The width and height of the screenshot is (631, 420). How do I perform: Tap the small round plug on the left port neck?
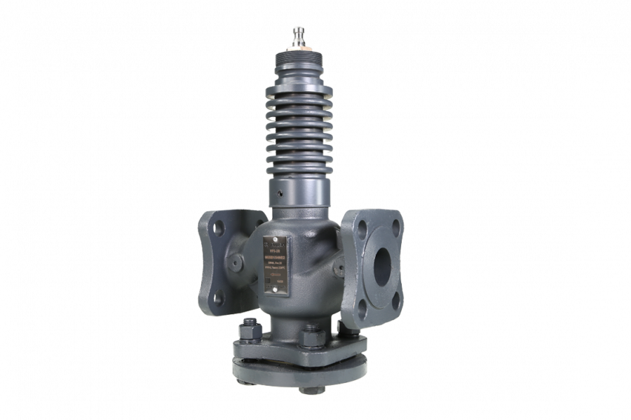tap(239, 260)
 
